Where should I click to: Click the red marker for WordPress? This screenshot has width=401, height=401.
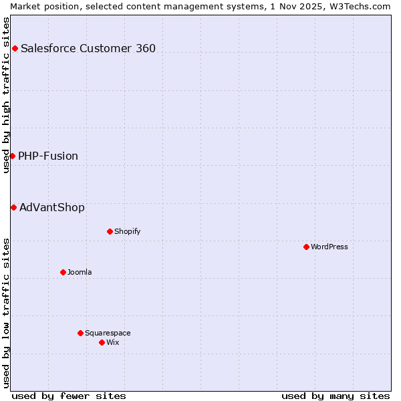pos(306,247)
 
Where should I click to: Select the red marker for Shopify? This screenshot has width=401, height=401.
pos(110,231)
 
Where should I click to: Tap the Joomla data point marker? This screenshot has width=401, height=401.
pos(63,272)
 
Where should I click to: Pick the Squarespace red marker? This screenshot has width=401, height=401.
pos(80,333)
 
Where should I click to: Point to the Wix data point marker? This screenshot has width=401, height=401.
pos(102,342)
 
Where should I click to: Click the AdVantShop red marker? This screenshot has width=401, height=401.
pos(13,207)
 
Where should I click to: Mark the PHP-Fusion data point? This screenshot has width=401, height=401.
pos(12,156)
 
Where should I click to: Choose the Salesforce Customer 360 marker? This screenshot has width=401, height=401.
pos(15,48)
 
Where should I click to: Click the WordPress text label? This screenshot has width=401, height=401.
pos(329,247)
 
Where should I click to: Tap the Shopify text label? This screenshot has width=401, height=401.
pos(127,231)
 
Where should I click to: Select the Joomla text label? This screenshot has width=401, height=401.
pos(80,272)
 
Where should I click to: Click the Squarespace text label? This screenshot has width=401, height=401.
pos(108,333)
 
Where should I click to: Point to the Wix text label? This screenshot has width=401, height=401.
pos(113,342)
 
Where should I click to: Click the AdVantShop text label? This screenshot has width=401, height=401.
pos(52,207)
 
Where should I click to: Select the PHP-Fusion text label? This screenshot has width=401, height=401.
pos(48,156)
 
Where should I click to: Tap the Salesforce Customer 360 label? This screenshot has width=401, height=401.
pos(88,48)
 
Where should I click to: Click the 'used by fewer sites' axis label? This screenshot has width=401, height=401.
pos(69,396)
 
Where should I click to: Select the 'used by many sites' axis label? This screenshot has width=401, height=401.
pos(336,396)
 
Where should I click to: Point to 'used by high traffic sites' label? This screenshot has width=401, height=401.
pos(6,95)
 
